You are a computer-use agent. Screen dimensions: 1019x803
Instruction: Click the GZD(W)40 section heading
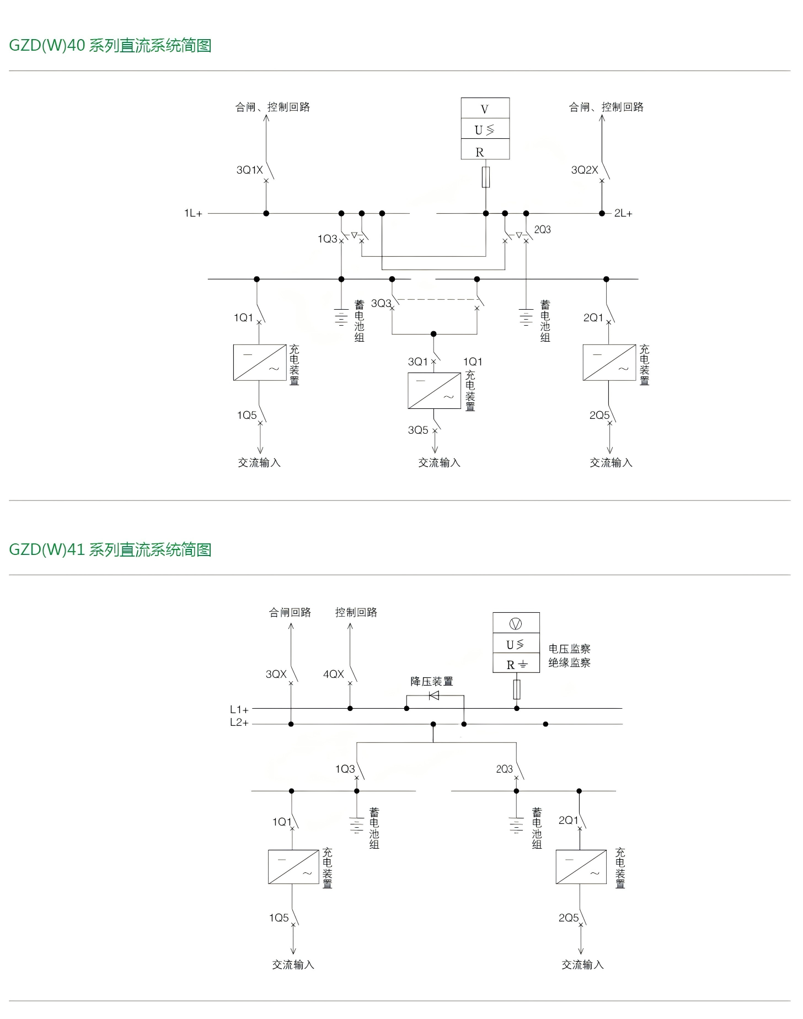(x=110, y=45)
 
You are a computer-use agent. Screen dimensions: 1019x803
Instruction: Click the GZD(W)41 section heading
(x=110, y=549)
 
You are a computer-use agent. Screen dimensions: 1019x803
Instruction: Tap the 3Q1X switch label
(x=249, y=170)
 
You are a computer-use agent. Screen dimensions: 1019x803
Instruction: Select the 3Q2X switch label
(x=584, y=170)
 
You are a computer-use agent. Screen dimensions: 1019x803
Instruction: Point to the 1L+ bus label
(x=193, y=213)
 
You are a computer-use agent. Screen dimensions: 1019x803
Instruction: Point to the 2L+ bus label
(x=623, y=213)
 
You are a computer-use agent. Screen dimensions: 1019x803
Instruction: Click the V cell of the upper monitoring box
(x=485, y=109)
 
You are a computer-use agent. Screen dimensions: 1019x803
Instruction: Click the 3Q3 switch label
(x=381, y=303)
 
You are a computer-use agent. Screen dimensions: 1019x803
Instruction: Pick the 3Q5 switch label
(x=418, y=430)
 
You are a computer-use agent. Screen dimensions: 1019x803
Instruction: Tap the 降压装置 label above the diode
(x=431, y=681)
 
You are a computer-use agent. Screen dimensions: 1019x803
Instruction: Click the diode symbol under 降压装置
(x=434, y=695)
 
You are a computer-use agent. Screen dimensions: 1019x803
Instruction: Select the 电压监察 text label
(x=569, y=649)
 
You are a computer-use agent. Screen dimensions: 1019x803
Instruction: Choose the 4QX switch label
(x=333, y=674)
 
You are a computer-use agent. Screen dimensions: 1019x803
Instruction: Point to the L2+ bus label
(x=239, y=723)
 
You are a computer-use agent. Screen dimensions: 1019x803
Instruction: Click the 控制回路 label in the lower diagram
(x=356, y=612)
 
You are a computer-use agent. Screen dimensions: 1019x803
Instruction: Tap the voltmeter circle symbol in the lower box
(x=516, y=624)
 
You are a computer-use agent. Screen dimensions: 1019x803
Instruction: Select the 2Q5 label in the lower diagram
(x=569, y=918)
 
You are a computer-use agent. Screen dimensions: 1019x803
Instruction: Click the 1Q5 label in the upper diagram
(x=247, y=415)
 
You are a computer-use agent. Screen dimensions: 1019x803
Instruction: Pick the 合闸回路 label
(x=290, y=612)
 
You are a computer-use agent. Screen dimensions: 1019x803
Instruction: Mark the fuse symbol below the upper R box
(x=486, y=177)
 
